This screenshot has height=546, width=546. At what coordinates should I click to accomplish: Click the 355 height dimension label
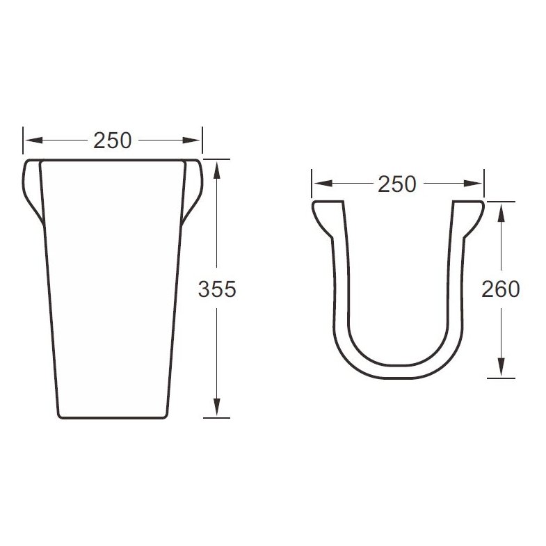(217, 289)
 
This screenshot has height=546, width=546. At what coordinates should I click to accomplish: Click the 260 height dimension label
(500, 289)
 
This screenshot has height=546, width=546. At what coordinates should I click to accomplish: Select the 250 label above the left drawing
(113, 140)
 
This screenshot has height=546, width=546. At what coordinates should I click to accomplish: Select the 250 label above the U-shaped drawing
(397, 184)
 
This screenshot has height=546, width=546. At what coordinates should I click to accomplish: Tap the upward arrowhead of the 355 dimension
(216, 170)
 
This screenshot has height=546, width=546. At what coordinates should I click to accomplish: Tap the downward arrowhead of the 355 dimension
(216, 407)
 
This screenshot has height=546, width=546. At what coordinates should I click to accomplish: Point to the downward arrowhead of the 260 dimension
(501, 367)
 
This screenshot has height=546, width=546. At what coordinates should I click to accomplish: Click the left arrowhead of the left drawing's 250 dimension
(34, 140)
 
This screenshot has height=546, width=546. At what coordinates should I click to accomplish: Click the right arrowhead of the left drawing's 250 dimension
(191, 140)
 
